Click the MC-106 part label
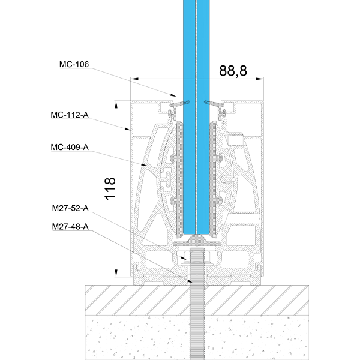pyautogui.click(x=74, y=64)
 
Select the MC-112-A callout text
pyautogui.click(x=70, y=115)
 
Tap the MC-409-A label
pyautogui.click(x=70, y=147)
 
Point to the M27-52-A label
pyautogui.click(x=70, y=208)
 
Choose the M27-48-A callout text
pyautogui.click(x=70, y=227)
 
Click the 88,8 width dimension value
pyautogui.click(x=233, y=71)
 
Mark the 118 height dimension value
pyautogui.click(x=110, y=189)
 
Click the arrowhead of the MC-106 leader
pyautogui.click(x=173, y=95)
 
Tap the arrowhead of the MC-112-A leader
pyautogui.click(x=127, y=129)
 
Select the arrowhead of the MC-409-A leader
pyautogui.click(x=144, y=164)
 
